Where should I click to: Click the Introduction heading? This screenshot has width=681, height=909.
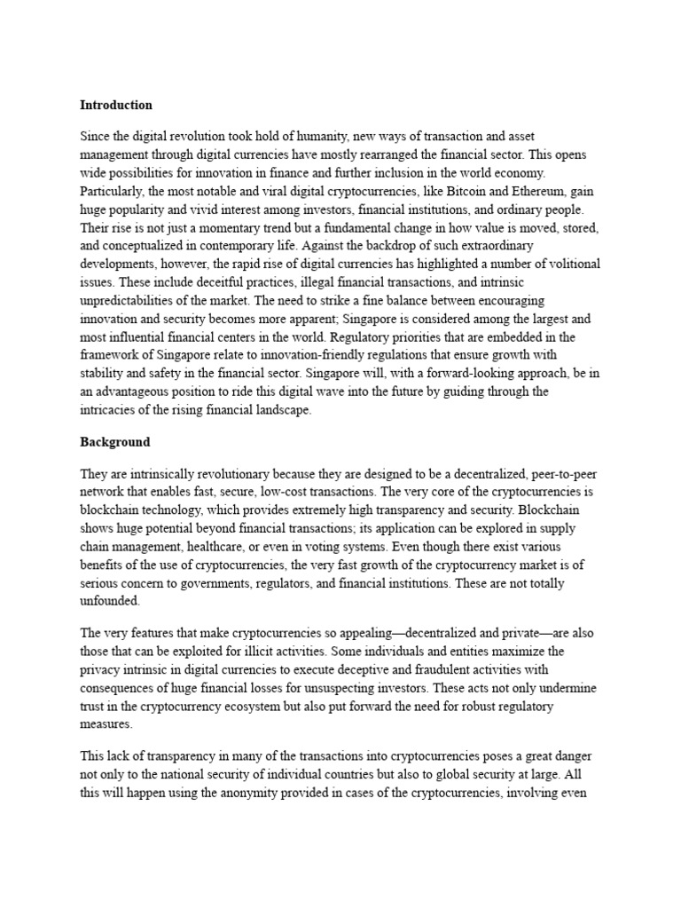pos(116,105)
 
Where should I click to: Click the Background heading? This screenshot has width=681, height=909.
pos(115,441)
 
